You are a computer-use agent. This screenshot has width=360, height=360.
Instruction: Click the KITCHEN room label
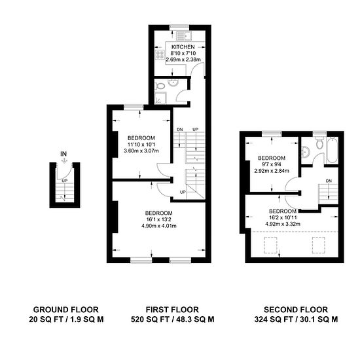tap(183, 47)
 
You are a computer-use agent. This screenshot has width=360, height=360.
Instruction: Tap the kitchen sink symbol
tap(185, 36)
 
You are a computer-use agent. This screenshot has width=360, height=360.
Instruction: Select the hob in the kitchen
tap(160, 54)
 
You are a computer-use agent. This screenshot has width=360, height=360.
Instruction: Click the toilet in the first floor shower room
tap(160, 86)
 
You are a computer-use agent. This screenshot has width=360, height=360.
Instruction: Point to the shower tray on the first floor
tap(160, 98)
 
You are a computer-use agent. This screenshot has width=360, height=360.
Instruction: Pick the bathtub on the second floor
tap(332, 150)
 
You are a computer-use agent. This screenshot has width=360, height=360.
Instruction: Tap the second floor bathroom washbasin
tap(306, 153)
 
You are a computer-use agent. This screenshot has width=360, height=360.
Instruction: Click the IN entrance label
tap(63, 154)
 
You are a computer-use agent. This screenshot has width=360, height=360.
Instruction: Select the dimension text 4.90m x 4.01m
tap(159, 226)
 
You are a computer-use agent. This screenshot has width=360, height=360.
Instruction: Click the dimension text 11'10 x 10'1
tap(141, 145)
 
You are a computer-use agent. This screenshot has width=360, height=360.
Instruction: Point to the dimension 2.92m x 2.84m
tap(272, 171)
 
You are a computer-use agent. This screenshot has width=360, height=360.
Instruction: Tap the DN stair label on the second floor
tap(329, 181)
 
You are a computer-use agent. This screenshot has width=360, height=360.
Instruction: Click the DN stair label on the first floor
tap(180, 130)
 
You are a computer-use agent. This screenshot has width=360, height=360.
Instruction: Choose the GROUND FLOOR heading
tap(66, 310)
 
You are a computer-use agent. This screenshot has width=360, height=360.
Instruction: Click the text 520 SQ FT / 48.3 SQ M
tap(172, 319)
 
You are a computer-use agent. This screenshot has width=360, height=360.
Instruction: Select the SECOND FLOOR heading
tap(296, 310)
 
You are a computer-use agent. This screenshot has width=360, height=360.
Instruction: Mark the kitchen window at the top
tap(179, 27)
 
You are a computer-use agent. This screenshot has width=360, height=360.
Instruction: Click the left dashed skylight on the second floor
tap(271, 245)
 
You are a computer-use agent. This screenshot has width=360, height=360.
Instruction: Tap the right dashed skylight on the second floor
tap(319, 245)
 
